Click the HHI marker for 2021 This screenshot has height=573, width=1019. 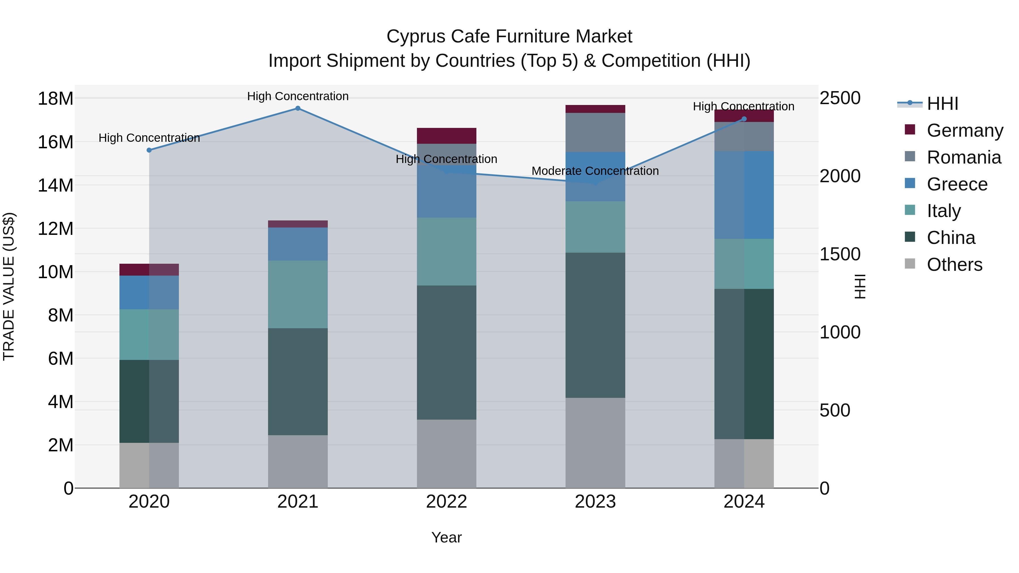click(298, 108)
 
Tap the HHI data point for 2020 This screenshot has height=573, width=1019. click(149, 150)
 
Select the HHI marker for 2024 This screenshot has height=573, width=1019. click(744, 119)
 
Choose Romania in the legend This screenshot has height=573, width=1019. click(964, 157)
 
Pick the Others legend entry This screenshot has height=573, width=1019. click(954, 265)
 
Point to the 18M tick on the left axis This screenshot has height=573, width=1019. click(55, 98)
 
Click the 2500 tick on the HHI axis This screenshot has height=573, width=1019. click(840, 98)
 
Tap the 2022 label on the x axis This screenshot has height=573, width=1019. click(447, 502)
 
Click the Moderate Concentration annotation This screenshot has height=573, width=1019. click(595, 171)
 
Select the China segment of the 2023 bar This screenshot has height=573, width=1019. click(595, 325)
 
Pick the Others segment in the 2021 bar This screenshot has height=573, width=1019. click(298, 462)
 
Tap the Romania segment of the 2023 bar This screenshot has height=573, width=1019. click(595, 132)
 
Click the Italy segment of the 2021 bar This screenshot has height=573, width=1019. click(298, 294)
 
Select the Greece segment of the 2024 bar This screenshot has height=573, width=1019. click(744, 195)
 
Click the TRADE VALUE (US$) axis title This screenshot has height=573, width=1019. click(9, 286)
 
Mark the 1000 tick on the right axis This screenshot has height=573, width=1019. click(840, 332)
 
